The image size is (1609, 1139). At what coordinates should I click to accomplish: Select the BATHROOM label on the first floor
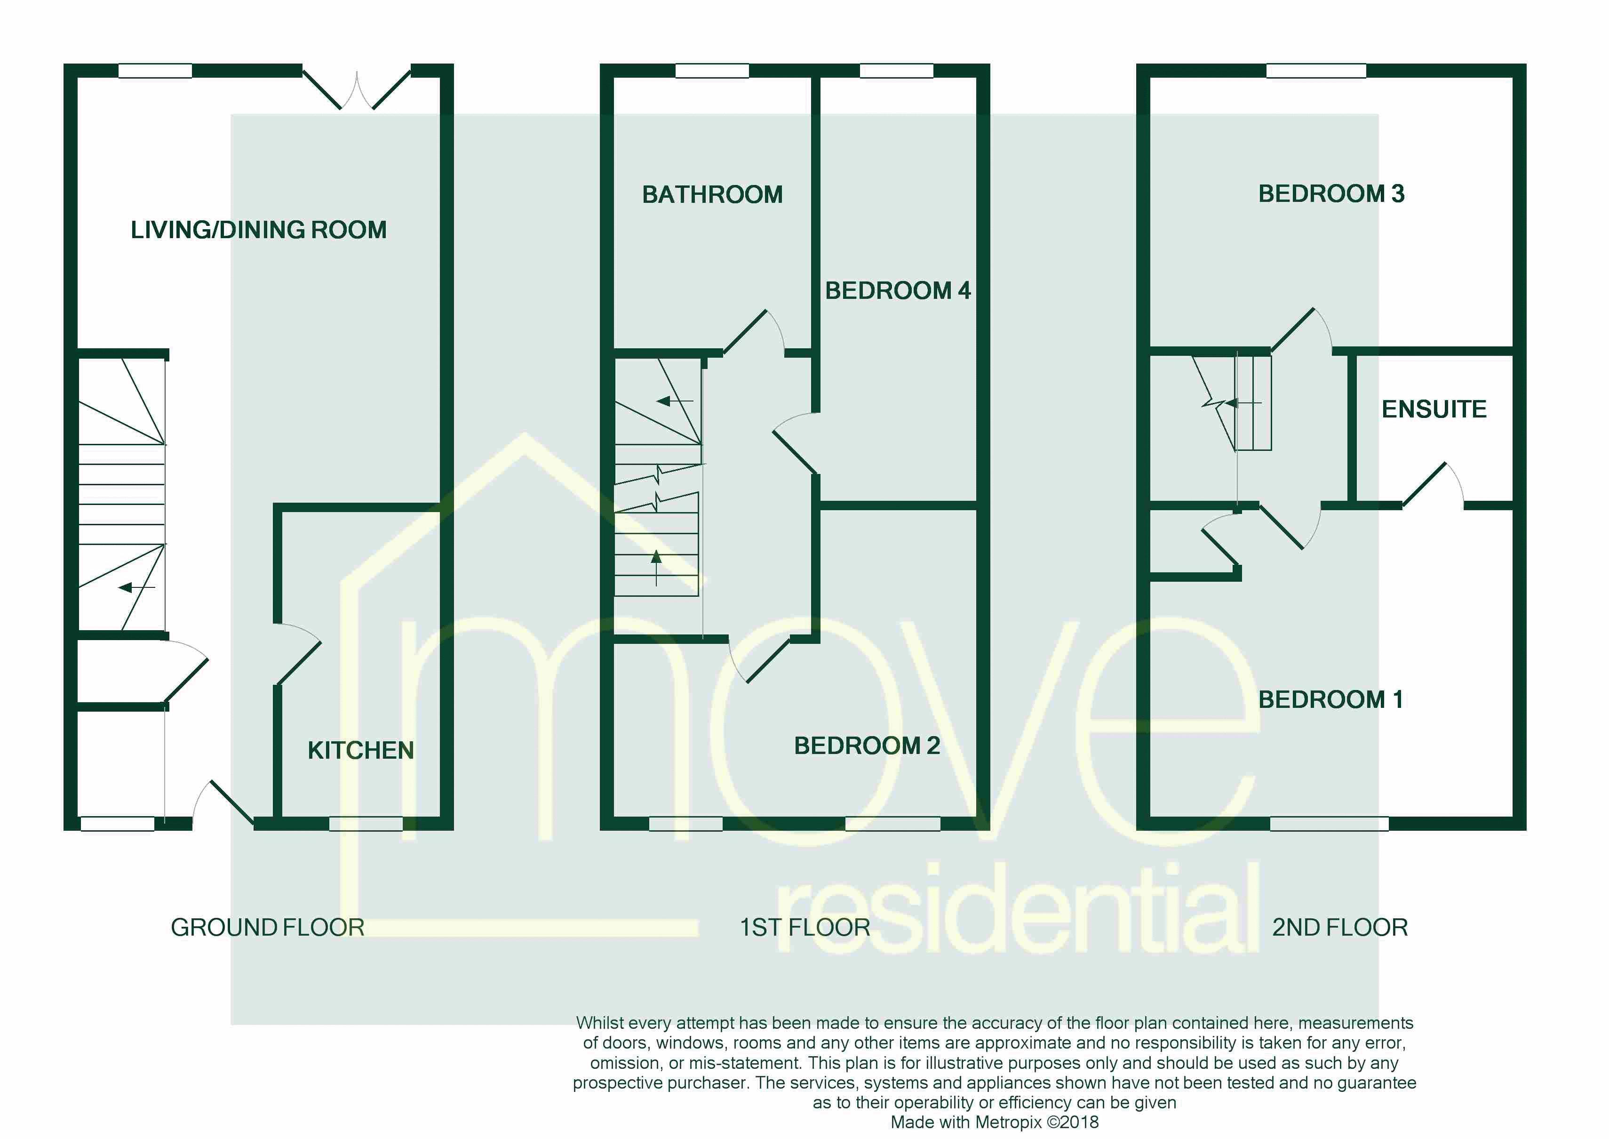point(712,194)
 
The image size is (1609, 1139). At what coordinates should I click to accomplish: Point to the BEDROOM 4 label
point(897,290)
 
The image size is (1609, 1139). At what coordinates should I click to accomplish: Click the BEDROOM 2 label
point(867,746)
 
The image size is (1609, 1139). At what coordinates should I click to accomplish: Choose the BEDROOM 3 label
point(1330,193)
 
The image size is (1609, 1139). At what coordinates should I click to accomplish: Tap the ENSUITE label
point(1434,409)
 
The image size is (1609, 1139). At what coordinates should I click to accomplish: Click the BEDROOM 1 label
point(1330,699)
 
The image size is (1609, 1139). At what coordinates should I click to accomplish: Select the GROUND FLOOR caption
point(267,927)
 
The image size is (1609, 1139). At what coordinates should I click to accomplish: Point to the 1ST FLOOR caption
point(805,927)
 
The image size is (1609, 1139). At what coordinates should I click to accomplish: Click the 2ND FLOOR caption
point(1340,927)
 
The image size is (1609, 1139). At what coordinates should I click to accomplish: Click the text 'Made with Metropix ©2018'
point(994,1122)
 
